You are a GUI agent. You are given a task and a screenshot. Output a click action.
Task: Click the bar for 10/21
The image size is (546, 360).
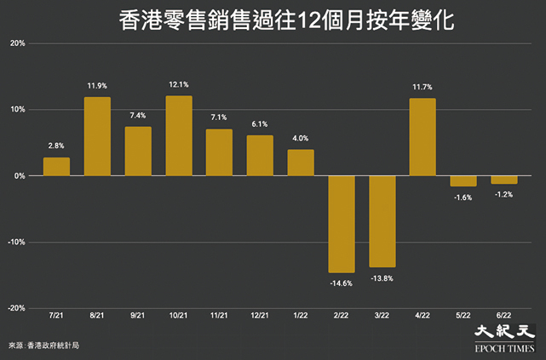pyautogui.click(x=179, y=135)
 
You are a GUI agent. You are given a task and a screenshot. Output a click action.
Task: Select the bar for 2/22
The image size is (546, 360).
pyautogui.click(x=342, y=225)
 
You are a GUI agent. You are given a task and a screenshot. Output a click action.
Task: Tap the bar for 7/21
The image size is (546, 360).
pyautogui.click(x=56, y=167)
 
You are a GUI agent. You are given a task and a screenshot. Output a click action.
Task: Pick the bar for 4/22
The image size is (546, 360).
pyautogui.click(x=422, y=137)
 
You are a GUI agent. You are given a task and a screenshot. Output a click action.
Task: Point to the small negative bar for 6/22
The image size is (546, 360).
pyautogui.click(x=504, y=180)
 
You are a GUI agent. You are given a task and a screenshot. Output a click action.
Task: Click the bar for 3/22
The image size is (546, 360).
pyautogui.click(x=382, y=221)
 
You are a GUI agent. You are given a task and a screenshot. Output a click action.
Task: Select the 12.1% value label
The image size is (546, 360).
pyautogui.click(x=179, y=84)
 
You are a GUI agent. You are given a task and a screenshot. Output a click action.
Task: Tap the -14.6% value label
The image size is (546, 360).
pyautogui.click(x=342, y=283)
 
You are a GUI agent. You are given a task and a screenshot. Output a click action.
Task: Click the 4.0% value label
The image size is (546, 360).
pyautogui.click(x=300, y=139)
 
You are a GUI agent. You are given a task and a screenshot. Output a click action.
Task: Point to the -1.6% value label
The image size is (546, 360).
pyautogui.click(x=463, y=197)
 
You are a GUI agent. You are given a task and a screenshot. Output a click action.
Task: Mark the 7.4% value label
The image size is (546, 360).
pyautogui.click(x=138, y=116)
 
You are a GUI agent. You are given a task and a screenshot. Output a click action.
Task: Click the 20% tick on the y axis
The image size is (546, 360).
pyautogui.click(x=17, y=43)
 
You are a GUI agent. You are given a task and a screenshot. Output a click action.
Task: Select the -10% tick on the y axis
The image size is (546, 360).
pyautogui.click(x=16, y=242)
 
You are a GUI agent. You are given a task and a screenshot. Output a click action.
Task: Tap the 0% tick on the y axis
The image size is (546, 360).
pyautogui.click(x=20, y=176)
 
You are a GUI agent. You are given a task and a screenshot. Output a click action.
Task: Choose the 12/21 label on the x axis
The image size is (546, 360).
pyautogui.click(x=260, y=316)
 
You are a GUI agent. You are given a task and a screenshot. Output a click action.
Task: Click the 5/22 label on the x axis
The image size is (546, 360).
pyautogui.click(x=463, y=316)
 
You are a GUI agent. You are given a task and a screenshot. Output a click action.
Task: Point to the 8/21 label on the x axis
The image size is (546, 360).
pyautogui.click(x=97, y=316)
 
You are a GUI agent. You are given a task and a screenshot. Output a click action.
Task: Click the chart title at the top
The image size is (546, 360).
pyautogui.click(x=286, y=20)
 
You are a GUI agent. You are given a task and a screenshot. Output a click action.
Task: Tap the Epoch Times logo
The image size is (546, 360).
pyautogui.click(x=504, y=339)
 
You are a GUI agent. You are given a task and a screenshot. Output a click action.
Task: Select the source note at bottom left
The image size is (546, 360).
pyautogui.click(x=43, y=346)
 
